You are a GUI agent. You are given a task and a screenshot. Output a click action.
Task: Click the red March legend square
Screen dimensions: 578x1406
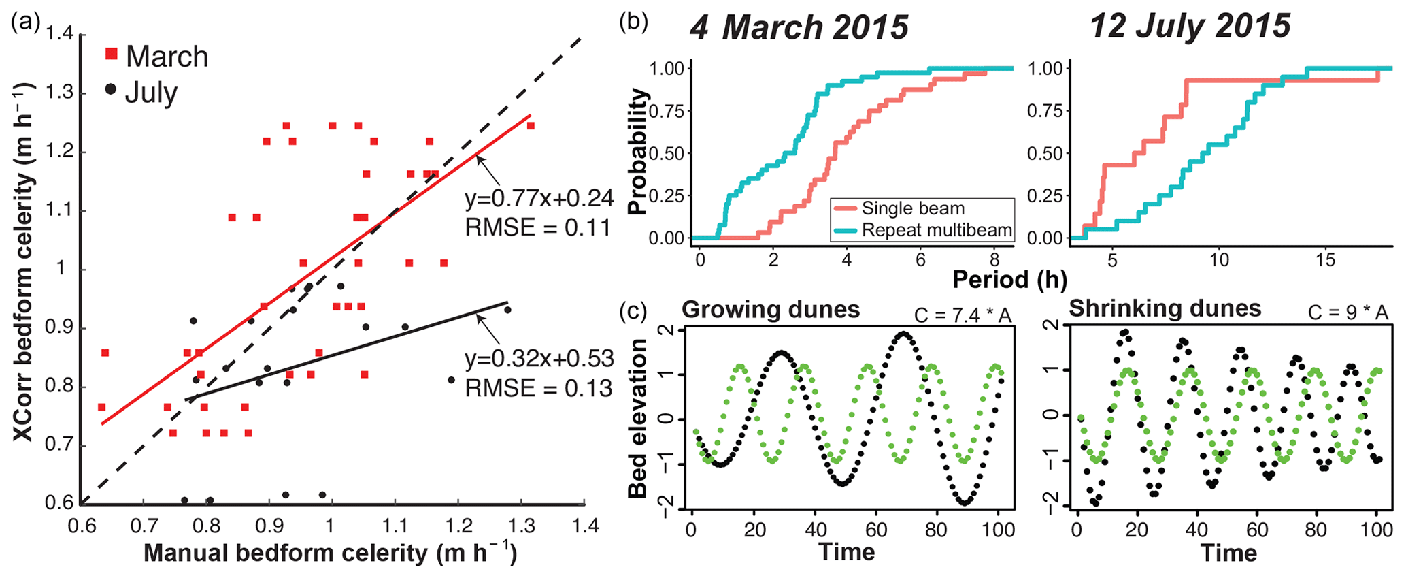[x=112, y=54]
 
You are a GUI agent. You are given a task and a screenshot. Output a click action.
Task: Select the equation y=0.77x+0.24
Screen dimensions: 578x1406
[x=539, y=198]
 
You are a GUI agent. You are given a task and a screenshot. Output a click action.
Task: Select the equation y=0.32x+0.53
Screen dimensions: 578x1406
[x=539, y=359]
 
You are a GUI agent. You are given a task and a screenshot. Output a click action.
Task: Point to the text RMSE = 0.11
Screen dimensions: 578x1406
[x=538, y=227]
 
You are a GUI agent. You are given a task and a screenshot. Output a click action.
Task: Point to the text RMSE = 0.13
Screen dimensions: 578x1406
[x=539, y=388]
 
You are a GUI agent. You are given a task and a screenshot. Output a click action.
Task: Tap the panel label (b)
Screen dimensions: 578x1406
[x=633, y=21]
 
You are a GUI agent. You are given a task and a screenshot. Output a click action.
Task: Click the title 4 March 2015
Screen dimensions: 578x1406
[x=799, y=28]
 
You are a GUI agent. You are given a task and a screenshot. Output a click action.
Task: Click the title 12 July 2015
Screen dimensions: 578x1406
[x=1190, y=27]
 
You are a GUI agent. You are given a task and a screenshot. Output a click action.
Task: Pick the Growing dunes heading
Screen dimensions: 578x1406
[x=771, y=309]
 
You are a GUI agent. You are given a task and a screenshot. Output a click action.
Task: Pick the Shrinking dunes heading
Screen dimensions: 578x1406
[x=1165, y=308]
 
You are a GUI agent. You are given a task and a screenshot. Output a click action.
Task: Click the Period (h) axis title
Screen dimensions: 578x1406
[x=1009, y=279]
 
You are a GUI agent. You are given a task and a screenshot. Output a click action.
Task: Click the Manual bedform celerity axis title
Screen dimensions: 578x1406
[x=331, y=553]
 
